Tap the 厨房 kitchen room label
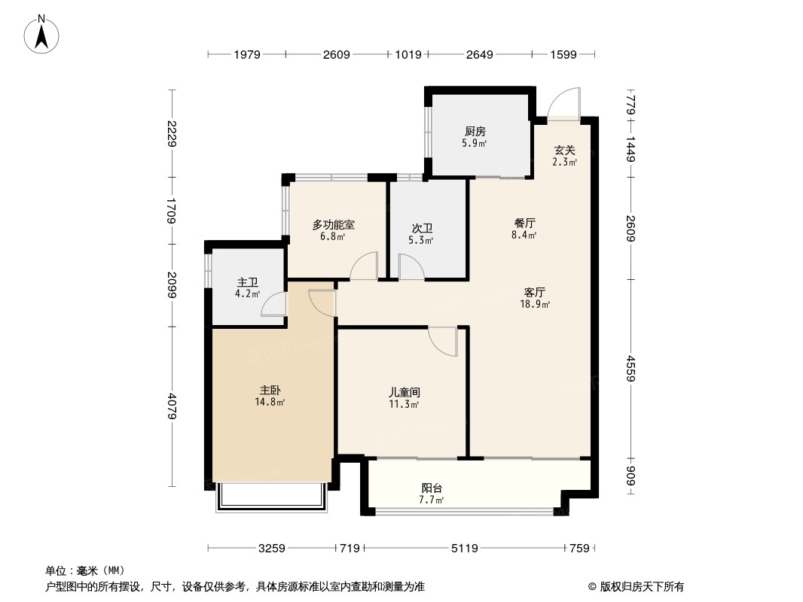[x=475, y=132]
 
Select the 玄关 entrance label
[x=565, y=150]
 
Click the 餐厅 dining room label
[x=524, y=223]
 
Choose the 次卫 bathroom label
[x=422, y=229]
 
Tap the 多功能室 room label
[x=333, y=224]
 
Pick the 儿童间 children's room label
[x=404, y=392]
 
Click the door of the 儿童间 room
[x=444, y=341]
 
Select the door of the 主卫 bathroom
[x=274, y=303]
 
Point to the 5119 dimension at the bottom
[x=465, y=549]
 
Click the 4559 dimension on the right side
[x=630, y=369]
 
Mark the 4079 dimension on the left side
[x=173, y=406]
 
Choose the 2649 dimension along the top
[x=479, y=54]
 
